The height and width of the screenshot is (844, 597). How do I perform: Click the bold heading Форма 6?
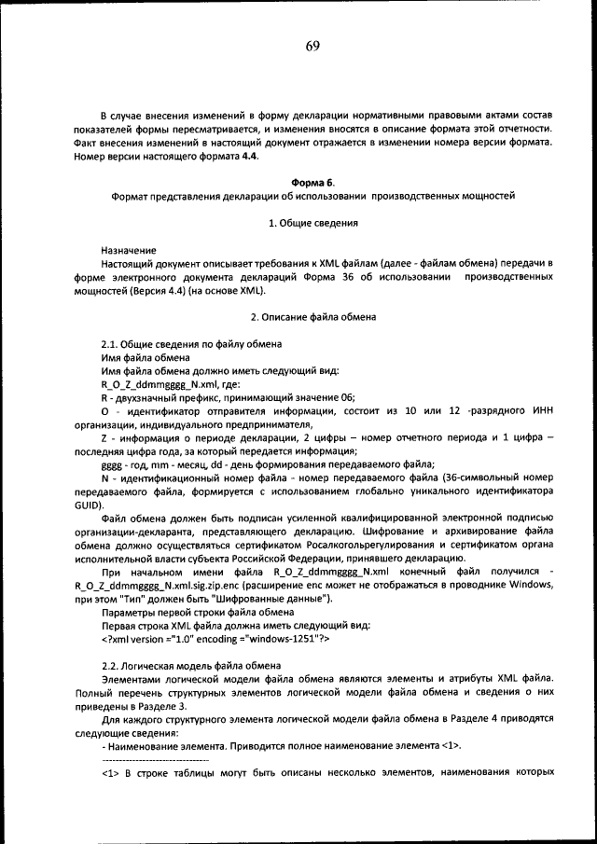point(312,182)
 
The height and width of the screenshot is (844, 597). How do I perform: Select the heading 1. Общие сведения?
point(312,224)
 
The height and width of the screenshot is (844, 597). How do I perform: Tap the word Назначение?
point(129,251)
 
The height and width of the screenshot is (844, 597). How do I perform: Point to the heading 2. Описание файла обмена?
point(312,317)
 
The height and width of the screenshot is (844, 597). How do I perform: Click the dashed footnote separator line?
point(155,760)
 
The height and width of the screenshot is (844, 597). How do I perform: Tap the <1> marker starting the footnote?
point(111,772)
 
